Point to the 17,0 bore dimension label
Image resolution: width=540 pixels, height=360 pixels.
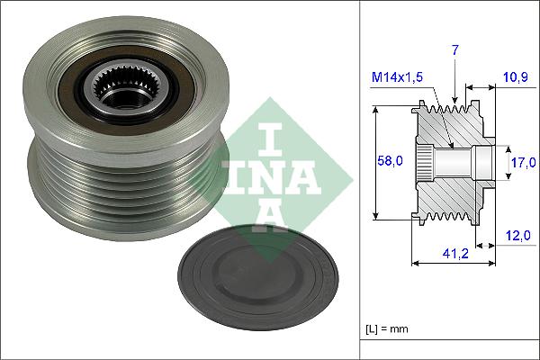[521, 162]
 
